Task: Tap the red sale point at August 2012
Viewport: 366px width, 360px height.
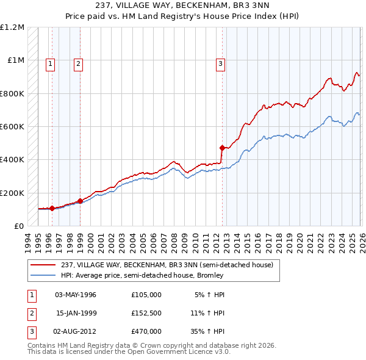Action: (222, 148)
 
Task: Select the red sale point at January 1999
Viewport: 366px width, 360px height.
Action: (81, 200)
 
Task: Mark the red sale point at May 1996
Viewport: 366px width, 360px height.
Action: (52, 208)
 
